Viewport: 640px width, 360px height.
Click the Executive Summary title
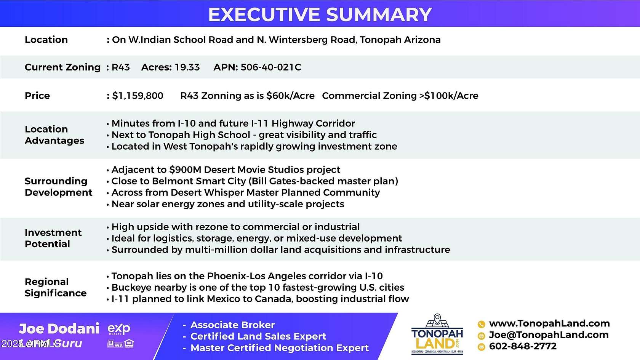tap(320, 14)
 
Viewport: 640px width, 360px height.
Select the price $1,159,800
tap(138, 96)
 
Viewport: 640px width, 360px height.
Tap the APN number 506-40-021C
tap(270, 67)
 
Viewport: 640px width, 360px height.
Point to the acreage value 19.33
tap(187, 67)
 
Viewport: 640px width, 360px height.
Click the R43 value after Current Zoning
tap(120, 67)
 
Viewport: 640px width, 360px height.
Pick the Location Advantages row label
tap(54, 135)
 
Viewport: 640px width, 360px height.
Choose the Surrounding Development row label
tap(58, 187)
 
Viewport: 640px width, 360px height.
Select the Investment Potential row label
tap(53, 238)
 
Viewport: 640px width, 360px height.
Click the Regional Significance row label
tap(55, 287)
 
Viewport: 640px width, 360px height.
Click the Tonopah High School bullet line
tap(244, 135)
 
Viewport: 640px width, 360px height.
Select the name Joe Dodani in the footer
tap(59, 328)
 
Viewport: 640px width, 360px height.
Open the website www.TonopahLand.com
tap(549, 323)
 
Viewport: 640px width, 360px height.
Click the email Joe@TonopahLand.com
tap(548, 335)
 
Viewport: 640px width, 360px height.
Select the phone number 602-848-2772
tap(522, 346)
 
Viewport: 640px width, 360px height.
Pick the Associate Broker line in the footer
tap(232, 325)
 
